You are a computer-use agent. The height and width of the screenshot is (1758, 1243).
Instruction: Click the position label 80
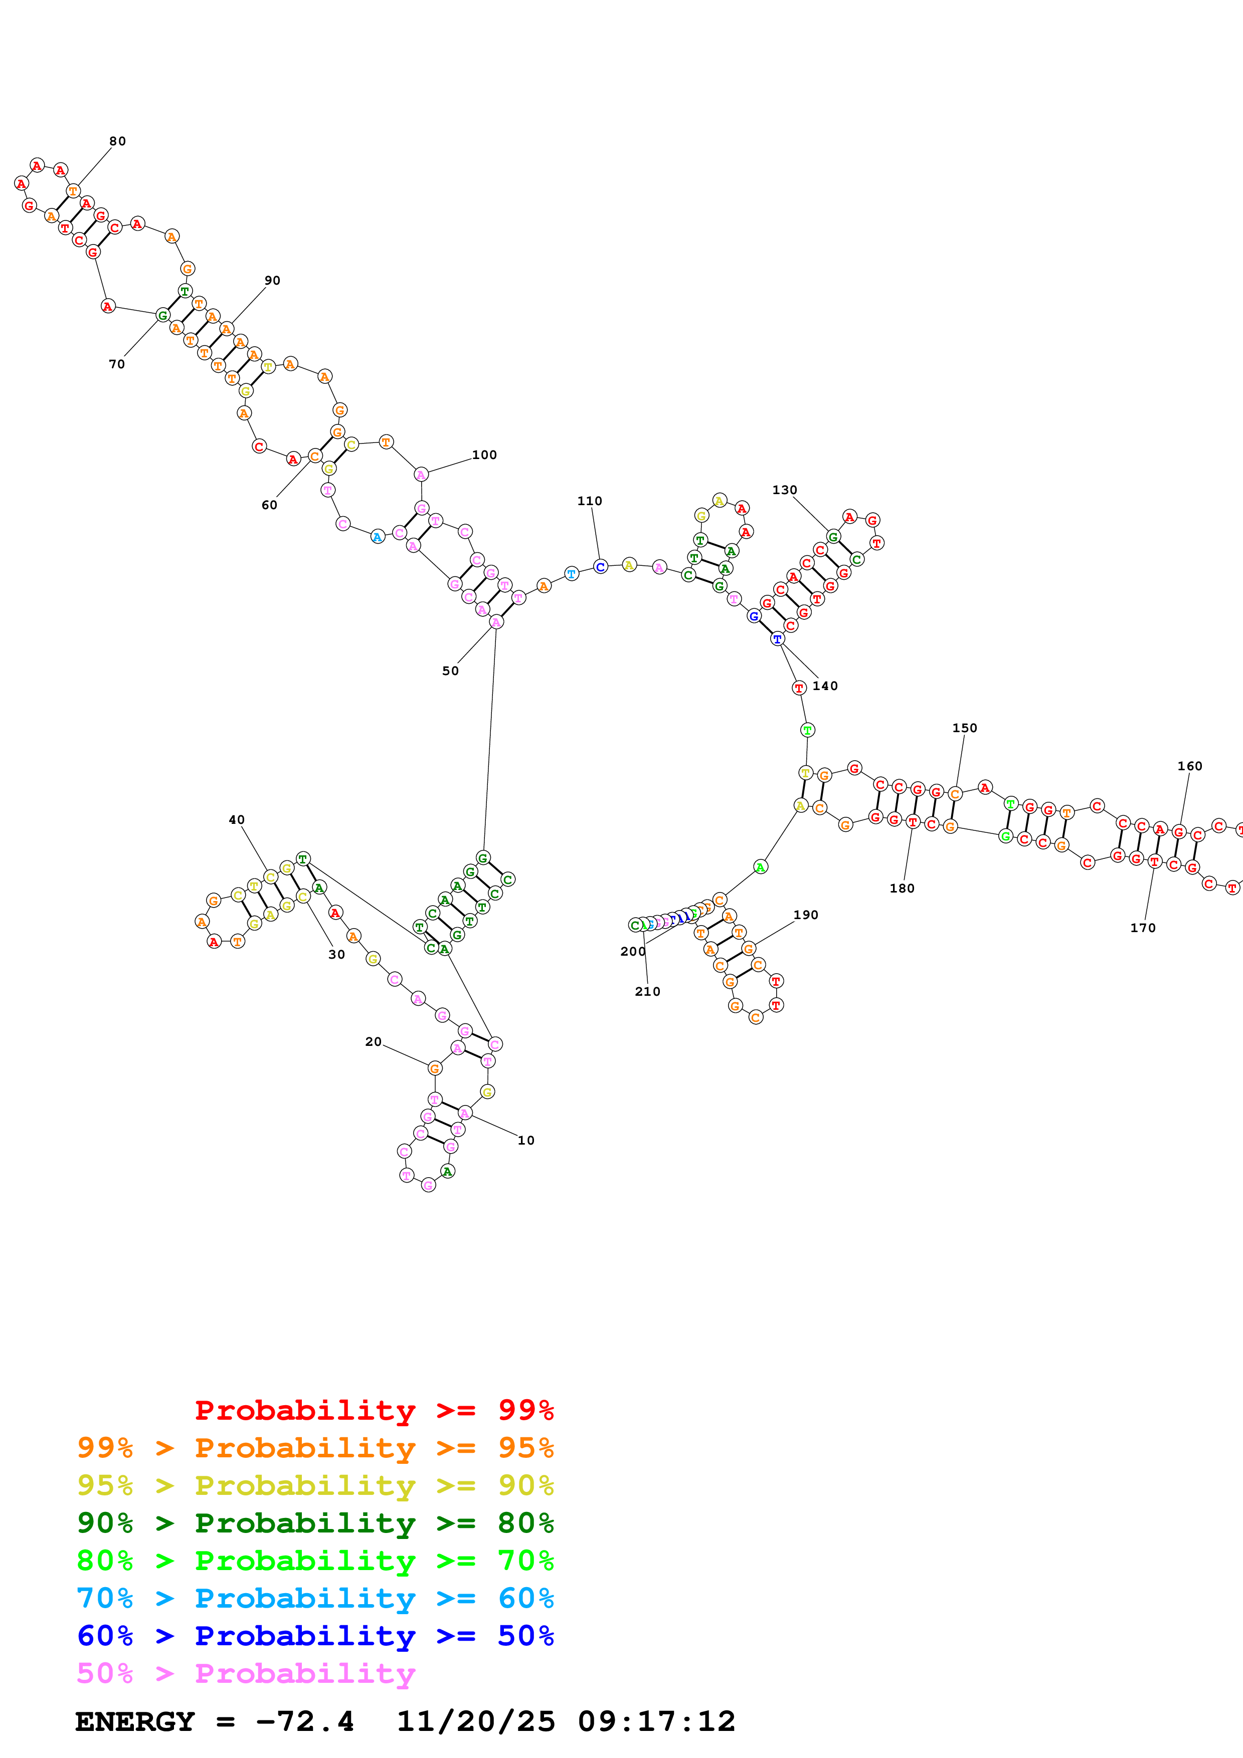(x=117, y=141)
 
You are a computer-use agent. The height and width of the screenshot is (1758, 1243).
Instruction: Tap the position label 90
(x=272, y=280)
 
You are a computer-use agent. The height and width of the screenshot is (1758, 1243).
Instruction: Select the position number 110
(x=589, y=501)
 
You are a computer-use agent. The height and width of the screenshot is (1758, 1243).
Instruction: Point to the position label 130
(x=784, y=490)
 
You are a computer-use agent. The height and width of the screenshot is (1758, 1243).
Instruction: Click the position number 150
(x=964, y=728)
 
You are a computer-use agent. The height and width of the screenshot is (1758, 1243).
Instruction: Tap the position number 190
(x=806, y=915)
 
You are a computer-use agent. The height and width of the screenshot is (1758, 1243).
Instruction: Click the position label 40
(x=237, y=820)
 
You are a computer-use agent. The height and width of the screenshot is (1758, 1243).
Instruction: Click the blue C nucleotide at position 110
(x=600, y=567)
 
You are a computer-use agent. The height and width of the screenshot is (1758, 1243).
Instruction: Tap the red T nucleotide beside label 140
(x=799, y=688)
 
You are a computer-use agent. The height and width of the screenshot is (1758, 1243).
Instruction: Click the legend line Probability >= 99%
(x=374, y=1410)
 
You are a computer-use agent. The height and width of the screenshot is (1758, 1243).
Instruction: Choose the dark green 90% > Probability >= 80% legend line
(x=315, y=1523)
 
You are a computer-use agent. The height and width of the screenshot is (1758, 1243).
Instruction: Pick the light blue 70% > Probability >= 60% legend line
(x=315, y=1598)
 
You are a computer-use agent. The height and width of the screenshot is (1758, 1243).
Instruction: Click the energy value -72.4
(x=305, y=1722)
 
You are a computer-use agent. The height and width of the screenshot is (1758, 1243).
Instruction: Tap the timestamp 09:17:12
(x=656, y=1722)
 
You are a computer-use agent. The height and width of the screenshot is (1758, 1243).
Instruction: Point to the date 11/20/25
(x=476, y=1722)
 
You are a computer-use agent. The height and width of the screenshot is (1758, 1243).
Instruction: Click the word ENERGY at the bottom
(x=135, y=1722)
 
